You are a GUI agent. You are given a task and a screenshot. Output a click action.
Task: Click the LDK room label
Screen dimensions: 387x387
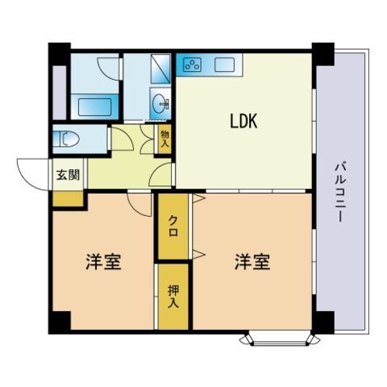[x=243, y=121]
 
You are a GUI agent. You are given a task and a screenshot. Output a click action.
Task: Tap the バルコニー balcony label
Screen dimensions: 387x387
[x=339, y=192]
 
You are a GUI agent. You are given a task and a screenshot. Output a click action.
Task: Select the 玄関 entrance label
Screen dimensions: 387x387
[x=68, y=175]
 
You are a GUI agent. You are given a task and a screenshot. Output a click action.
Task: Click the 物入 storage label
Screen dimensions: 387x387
[x=164, y=139]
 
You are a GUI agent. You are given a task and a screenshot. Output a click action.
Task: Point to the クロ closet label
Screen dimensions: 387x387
[x=173, y=227]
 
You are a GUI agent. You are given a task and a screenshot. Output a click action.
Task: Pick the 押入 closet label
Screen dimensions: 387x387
[x=173, y=297]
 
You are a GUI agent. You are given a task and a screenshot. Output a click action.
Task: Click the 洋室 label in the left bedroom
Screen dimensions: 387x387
[x=104, y=261]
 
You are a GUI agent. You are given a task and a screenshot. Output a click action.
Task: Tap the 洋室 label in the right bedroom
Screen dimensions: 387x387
[x=252, y=261]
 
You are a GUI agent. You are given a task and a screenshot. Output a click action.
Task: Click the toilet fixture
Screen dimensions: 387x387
[x=66, y=139]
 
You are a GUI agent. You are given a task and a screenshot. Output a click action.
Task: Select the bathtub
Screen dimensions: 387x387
[x=94, y=106]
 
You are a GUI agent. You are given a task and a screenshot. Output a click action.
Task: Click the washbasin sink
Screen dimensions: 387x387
[x=160, y=103]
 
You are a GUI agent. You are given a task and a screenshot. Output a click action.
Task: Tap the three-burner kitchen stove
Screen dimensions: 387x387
[x=192, y=64]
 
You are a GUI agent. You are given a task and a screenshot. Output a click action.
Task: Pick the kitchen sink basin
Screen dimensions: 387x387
[x=225, y=64]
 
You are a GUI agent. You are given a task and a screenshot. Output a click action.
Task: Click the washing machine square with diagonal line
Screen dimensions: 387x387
[x=160, y=69]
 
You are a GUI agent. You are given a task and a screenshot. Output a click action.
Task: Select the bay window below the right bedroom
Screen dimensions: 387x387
[x=280, y=339]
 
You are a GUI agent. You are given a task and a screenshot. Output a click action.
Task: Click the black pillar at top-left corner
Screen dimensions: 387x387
[x=60, y=54]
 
